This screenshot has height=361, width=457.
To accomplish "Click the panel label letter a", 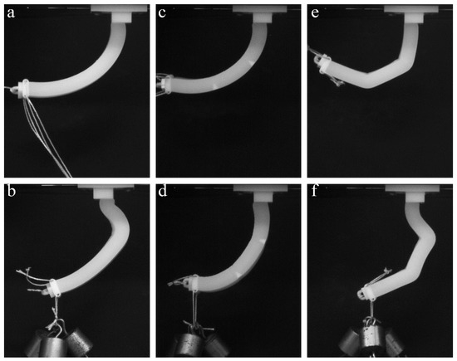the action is point(11,13).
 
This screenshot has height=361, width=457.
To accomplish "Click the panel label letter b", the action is point(12,193).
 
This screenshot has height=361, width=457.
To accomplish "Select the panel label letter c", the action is point(162,13).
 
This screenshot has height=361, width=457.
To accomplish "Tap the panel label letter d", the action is point(163,193).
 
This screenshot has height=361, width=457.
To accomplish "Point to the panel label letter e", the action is point(315,13).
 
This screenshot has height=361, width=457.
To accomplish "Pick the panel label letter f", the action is point(314,193).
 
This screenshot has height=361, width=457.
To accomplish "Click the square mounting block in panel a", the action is point(122,17).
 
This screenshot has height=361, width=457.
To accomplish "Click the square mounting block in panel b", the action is point(104,193).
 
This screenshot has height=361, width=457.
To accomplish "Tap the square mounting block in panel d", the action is point(263,197).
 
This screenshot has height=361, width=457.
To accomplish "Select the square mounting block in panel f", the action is point(415,197).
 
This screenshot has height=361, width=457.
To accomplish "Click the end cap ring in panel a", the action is point(24,89).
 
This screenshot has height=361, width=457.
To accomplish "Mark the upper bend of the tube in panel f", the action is point(426,237).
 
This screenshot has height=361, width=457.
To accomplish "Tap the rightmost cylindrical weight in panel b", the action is point(79,341).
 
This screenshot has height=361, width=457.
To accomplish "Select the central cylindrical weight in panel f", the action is point(371,340).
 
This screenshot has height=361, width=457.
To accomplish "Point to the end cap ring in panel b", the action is point(53,288).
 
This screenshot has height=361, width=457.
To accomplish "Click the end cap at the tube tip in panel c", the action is point(166,85).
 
